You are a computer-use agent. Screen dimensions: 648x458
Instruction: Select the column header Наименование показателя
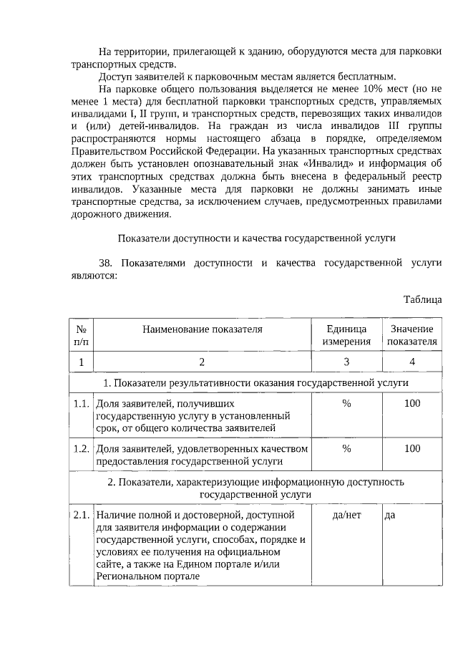(x=203, y=329)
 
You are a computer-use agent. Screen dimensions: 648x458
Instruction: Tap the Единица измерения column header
(x=346, y=335)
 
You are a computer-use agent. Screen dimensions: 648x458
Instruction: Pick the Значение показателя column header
(x=411, y=335)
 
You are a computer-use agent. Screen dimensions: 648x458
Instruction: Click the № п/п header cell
(x=81, y=335)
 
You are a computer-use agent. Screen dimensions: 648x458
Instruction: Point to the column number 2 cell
(x=203, y=362)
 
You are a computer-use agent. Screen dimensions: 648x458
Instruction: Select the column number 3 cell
(x=346, y=362)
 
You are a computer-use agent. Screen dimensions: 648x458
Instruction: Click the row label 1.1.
(x=81, y=403)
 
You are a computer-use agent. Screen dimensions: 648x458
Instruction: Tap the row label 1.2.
(x=81, y=449)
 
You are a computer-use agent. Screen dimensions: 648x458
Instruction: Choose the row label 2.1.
(x=81, y=514)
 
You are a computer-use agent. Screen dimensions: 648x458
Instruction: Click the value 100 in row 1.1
(x=412, y=403)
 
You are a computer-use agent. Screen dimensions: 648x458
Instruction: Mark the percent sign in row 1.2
(x=346, y=449)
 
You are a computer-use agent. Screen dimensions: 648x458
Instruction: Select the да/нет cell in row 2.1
(x=346, y=514)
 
